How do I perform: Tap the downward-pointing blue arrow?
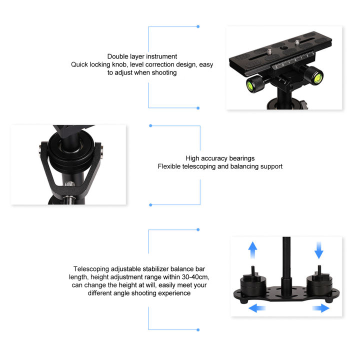[x=319, y=248]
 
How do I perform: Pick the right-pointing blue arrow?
[x=320, y=308]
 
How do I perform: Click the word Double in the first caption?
[x=118, y=56]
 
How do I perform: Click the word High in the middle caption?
[x=193, y=158]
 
